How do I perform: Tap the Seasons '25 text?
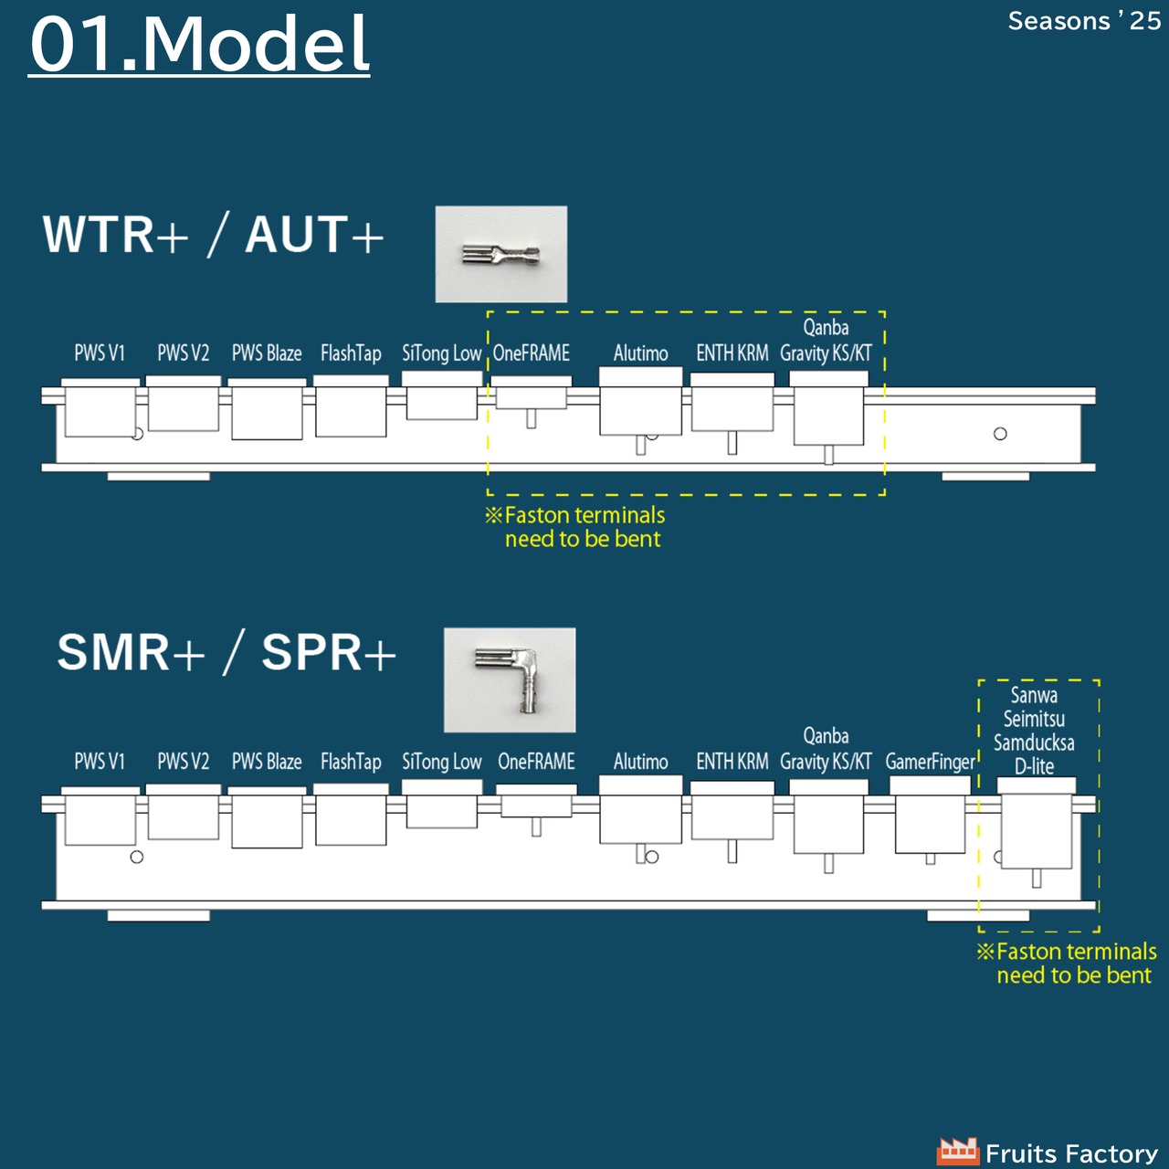coord(1084,22)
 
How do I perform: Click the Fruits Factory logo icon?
coord(957,1151)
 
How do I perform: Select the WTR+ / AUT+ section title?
coord(213,235)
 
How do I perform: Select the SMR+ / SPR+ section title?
coord(226,653)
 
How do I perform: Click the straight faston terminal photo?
coord(501,254)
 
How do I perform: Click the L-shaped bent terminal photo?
coord(510,680)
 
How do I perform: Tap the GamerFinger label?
coord(930,762)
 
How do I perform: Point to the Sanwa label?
coord(1034,695)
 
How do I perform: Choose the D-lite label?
coord(1035,766)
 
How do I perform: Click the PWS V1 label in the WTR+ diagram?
coord(100,353)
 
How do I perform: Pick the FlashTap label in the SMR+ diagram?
coord(351,762)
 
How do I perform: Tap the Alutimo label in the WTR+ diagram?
coord(640,353)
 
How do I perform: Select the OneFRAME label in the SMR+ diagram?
coord(536,762)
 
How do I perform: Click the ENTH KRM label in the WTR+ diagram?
coord(732,353)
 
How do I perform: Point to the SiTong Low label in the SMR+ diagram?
coord(442,762)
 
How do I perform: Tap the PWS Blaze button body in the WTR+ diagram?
coord(267,409)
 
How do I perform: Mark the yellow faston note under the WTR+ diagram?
coord(575,527)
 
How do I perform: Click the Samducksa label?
coord(1034,742)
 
